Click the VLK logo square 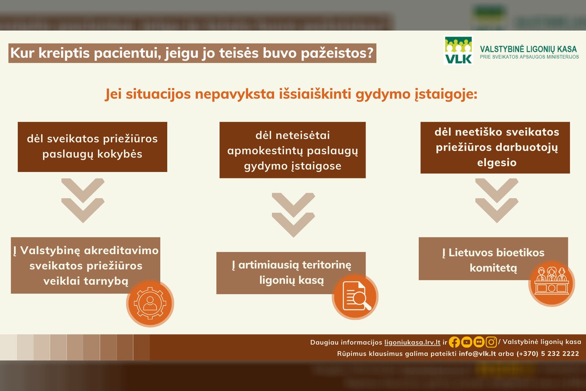click(458, 50)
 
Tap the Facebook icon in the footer click(454, 342)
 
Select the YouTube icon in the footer click(466, 342)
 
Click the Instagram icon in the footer click(491, 342)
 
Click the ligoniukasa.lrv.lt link click(412, 342)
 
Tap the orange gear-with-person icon click(150, 303)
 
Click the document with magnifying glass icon click(355, 297)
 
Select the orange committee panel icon click(551, 283)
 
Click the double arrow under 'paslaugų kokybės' click(83, 200)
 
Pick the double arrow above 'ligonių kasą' click(293, 215)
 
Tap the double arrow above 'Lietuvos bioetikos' click(497, 200)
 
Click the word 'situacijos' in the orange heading click(158, 94)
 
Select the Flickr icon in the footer click(479, 342)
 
